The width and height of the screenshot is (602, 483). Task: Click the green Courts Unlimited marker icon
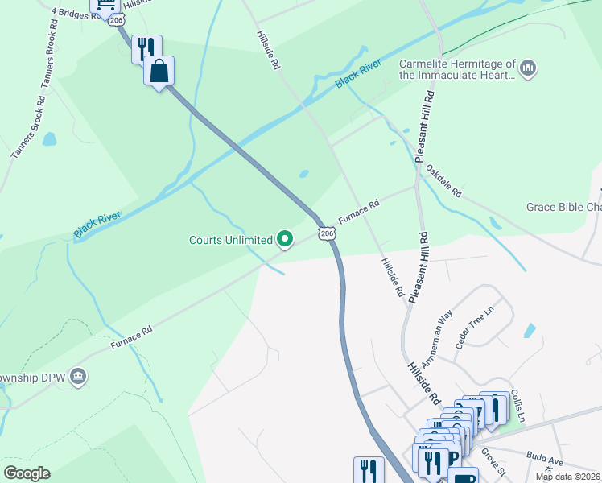pyautogui.click(x=284, y=238)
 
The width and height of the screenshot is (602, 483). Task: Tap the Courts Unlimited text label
pyautogui.click(x=230, y=239)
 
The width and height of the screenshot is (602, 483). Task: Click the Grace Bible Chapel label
pyautogui.click(x=563, y=207)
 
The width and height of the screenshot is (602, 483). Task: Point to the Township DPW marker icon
pyautogui.click(x=78, y=377)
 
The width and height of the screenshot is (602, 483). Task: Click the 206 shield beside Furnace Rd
pyautogui.click(x=326, y=233)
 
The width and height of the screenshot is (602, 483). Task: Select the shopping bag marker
pyautogui.click(x=159, y=71)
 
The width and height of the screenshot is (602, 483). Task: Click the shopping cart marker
pyautogui.click(x=105, y=5)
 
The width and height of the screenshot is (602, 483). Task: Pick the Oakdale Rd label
pyautogui.click(x=443, y=182)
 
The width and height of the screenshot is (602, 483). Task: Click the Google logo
pyautogui.click(x=27, y=473)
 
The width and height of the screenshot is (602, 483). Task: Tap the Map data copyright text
pyautogui.click(x=568, y=477)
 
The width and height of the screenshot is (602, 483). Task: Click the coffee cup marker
pyautogui.click(x=464, y=477)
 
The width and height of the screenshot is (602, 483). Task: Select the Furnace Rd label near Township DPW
pyautogui.click(x=132, y=336)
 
